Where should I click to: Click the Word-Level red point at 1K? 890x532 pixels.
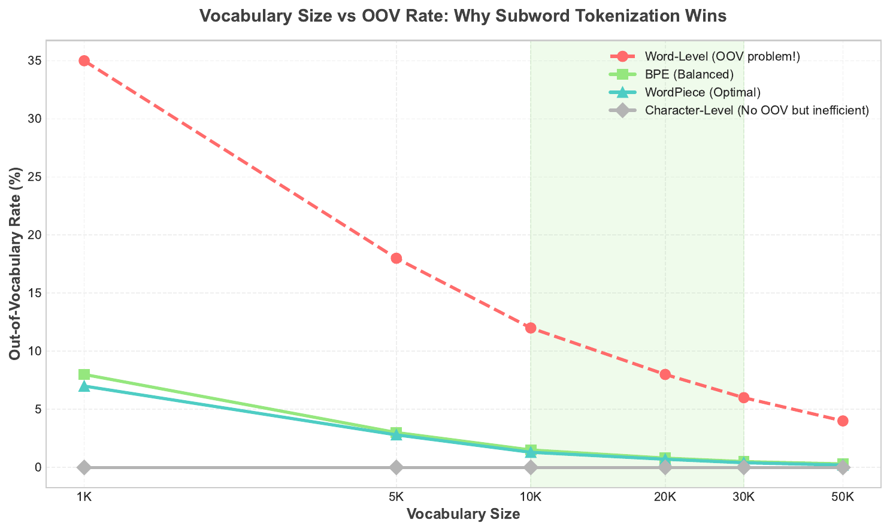[84, 61]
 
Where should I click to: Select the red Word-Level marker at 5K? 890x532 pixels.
[396, 258]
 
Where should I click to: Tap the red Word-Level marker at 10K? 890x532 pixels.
[531, 328]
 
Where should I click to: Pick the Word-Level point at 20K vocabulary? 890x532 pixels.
[665, 374]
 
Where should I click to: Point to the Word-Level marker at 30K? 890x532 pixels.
[744, 398]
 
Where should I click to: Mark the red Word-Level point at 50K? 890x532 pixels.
[843, 421]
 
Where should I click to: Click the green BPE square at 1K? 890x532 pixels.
[84, 374]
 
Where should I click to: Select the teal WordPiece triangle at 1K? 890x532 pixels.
[84, 386]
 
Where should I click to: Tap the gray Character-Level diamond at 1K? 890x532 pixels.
[84, 467]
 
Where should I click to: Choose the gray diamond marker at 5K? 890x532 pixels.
[396, 467]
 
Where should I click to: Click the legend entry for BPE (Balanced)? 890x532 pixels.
[689, 74]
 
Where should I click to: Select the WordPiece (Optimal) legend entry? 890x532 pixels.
[702, 92]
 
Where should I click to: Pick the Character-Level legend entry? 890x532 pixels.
[756, 110]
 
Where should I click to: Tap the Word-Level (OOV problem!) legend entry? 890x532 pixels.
[722, 56]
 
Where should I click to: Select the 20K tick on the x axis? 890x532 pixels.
[665, 497]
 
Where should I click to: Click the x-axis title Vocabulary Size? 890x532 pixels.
[463, 514]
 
